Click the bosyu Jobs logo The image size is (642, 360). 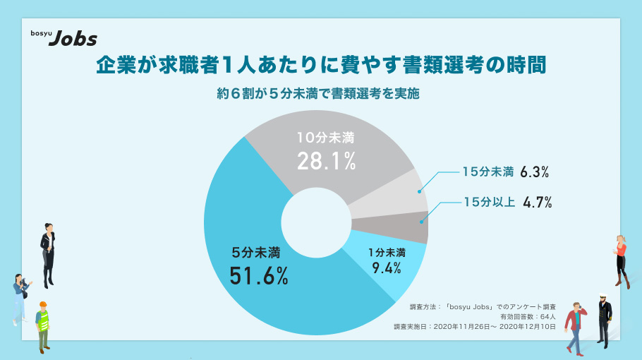(63, 38)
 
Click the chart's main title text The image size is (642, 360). (321, 65)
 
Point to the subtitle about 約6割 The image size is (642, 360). (321, 93)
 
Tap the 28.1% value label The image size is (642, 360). (325, 162)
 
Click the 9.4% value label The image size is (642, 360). (386, 268)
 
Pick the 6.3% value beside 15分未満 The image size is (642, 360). (534, 172)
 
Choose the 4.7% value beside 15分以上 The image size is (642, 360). (537, 203)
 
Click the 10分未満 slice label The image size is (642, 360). (325, 138)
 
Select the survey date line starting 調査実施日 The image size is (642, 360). (474, 327)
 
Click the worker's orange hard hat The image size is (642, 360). (43, 305)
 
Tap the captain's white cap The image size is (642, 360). (603, 296)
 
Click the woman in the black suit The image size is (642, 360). (47, 253)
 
